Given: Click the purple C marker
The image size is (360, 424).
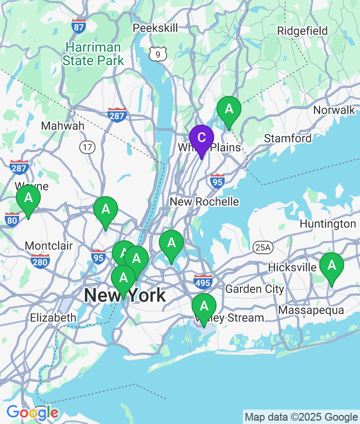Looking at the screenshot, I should coord(202,138).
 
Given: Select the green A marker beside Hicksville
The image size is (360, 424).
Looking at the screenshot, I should coord(331,265).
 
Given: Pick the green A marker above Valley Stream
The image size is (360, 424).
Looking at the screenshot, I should coord(204,306).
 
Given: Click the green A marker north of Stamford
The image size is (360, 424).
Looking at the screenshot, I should coord(229,109).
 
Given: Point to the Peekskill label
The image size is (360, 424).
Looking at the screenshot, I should coord(155,28).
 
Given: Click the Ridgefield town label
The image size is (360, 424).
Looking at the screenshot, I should coord(302,31).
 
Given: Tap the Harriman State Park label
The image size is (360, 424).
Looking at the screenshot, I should coord(93,54).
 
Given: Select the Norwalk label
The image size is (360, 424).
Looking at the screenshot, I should coord(334,110).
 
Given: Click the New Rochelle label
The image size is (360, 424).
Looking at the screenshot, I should coord(204,201).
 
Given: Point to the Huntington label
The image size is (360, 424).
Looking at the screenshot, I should coord(328,224).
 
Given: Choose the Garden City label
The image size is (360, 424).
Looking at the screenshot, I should coord(254,289).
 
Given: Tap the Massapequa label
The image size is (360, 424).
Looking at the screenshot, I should coord(311,310).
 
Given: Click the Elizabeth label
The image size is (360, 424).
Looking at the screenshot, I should coord(53,318).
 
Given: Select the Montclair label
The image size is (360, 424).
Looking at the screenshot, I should coord(48,246).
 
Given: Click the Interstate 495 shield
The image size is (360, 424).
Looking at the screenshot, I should coord(203,282).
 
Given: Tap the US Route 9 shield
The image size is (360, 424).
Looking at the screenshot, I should coord(157,54).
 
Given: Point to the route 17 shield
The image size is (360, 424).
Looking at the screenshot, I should coord(87,147).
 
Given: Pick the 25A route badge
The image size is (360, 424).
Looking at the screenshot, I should coord(263,247).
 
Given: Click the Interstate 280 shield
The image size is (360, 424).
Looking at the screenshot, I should coord(40,261).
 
